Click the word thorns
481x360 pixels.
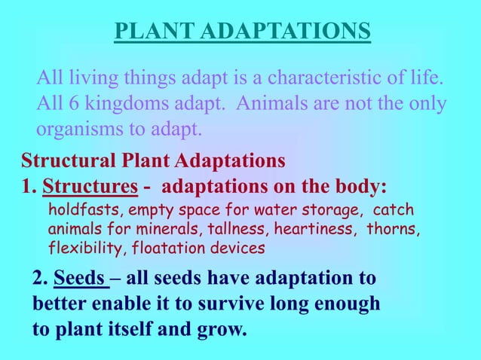tap(393, 228)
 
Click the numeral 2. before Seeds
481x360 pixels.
tap(41, 279)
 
